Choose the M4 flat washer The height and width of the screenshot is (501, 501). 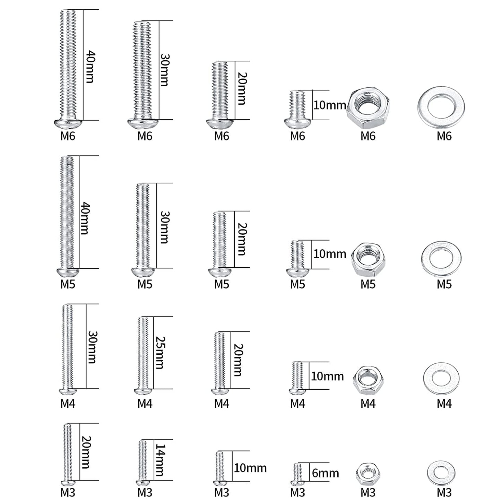(441, 379)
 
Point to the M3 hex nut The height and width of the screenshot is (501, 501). (368, 474)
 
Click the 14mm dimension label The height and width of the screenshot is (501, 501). (160, 460)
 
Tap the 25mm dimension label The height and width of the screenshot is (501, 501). (160, 352)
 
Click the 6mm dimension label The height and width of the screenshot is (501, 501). (325, 473)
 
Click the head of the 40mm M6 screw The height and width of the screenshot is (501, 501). (68, 124)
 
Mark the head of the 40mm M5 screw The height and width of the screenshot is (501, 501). (68, 272)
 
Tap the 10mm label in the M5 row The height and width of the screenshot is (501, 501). (329, 254)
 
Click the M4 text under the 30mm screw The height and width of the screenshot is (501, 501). (68, 404)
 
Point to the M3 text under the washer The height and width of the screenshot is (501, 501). (444, 492)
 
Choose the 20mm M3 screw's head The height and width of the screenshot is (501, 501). (68, 483)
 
